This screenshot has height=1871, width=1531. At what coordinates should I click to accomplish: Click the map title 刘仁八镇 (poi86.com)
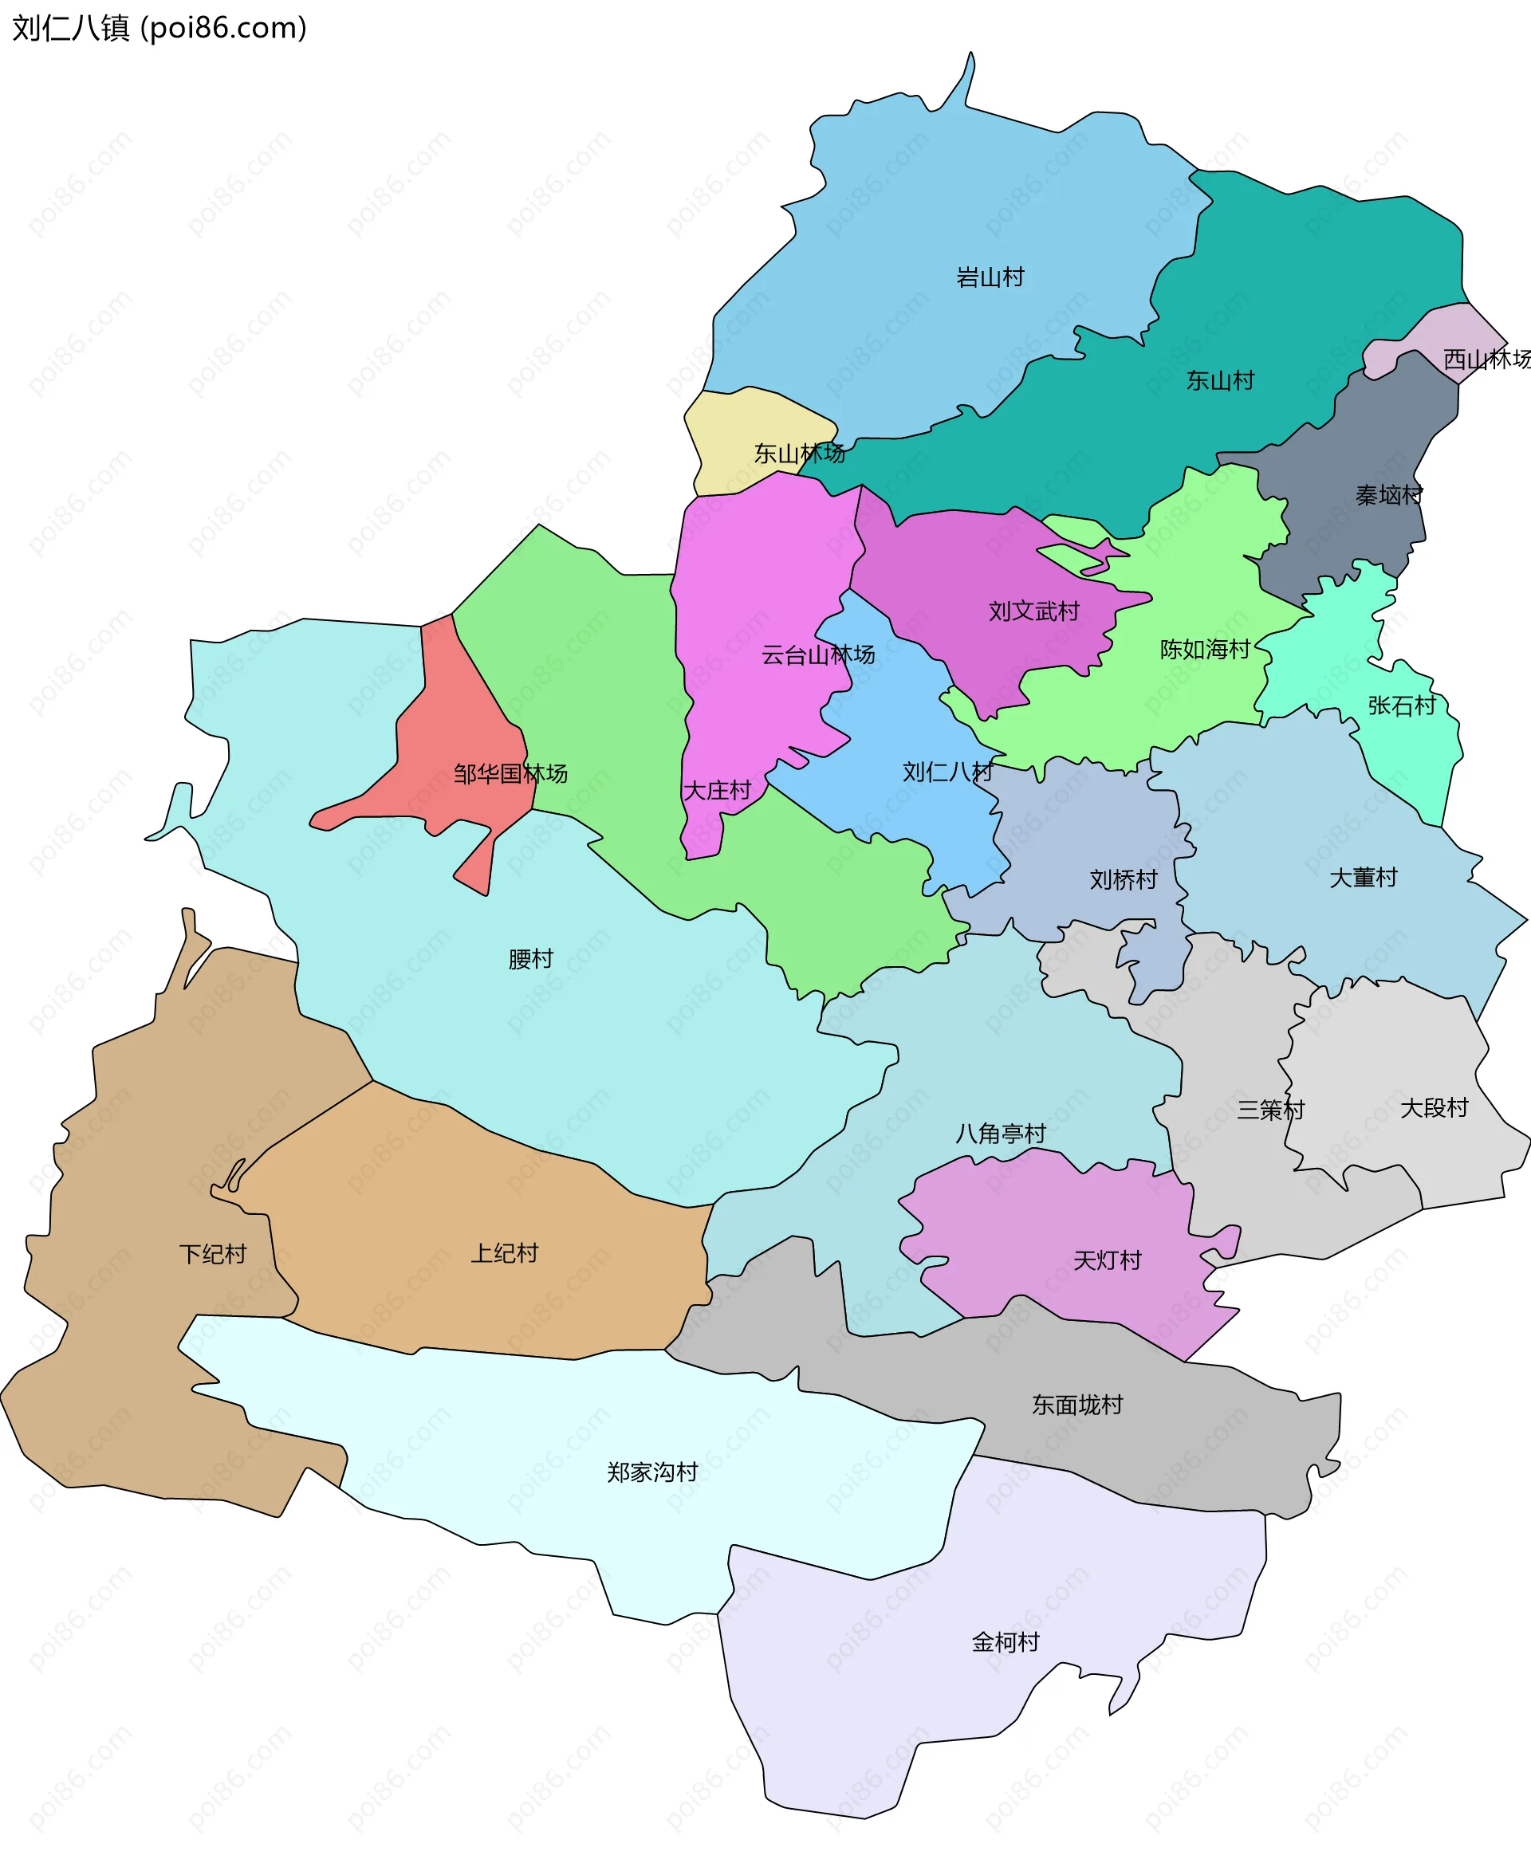(159, 28)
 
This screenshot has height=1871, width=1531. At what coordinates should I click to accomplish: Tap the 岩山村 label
(990, 277)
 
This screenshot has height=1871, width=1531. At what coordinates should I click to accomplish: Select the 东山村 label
(1220, 381)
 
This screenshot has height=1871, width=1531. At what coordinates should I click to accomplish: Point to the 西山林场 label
(1486, 359)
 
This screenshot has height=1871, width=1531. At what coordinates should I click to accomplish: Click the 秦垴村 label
(1389, 496)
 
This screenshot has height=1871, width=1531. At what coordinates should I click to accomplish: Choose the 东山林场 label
(799, 454)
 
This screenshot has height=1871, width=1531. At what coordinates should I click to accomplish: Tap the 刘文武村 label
(1033, 611)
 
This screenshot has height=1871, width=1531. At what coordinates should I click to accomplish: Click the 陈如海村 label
(1205, 650)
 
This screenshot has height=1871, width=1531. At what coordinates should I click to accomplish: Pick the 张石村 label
(1401, 706)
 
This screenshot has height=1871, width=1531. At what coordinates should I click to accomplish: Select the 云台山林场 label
(817, 655)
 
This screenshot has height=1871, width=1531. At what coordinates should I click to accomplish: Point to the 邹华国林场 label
(510, 774)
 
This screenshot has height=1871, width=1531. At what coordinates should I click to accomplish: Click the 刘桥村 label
(1123, 880)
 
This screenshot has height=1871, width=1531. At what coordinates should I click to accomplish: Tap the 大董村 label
(1363, 879)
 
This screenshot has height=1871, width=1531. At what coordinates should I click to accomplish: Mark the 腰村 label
(530, 959)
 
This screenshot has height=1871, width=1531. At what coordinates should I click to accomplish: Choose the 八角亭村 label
(1000, 1134)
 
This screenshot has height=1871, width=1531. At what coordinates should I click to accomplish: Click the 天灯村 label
(1107, 1261)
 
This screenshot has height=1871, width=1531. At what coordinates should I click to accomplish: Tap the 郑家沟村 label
(651, 1472)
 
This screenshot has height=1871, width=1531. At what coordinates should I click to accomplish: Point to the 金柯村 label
(1006, 1643)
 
